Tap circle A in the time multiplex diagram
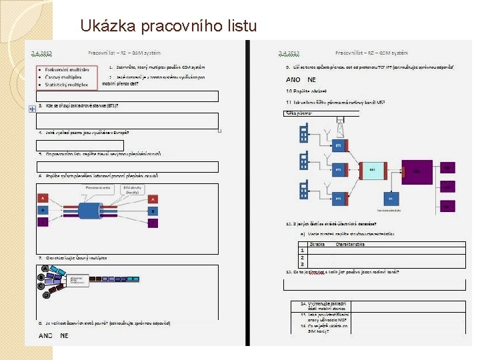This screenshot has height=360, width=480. [44, 269]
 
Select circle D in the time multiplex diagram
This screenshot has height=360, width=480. [46, 294]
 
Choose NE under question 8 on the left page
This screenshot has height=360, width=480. [64, 335]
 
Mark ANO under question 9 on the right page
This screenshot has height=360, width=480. [293, 80]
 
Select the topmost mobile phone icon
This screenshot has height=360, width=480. [304, 131]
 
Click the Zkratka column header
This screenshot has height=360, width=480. [316, 244]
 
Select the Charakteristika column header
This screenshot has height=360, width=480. [350, 244]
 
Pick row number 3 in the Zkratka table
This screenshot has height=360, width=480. [302, 263]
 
